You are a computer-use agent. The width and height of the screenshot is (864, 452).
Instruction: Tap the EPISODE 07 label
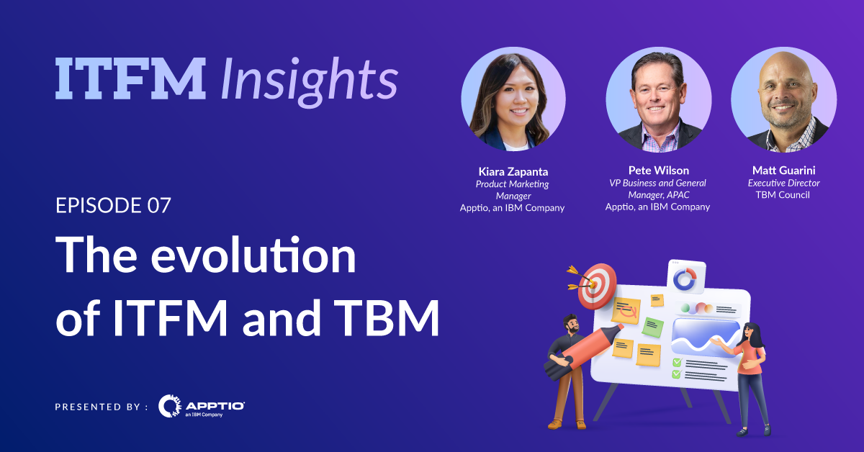point(113,205)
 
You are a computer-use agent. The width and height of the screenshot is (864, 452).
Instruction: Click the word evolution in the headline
point(253,256)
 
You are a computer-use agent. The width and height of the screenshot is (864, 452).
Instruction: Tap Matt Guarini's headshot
point(783,101)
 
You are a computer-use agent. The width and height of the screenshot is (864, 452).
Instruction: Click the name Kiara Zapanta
point(512,171)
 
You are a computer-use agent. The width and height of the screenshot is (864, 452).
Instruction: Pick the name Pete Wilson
point(657,171)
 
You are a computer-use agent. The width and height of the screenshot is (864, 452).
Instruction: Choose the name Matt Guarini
point(783,171)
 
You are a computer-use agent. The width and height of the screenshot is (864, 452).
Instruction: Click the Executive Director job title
point(783,183)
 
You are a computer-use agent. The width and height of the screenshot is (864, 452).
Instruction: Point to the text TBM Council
point(783,195)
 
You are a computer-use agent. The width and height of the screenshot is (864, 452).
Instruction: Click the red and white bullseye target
point(597,285)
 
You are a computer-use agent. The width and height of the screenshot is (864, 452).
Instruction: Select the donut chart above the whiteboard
point(686,279)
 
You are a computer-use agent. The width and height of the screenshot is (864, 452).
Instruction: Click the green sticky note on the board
point(652,327)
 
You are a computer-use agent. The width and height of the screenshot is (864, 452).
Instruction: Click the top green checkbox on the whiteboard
point(676,362)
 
